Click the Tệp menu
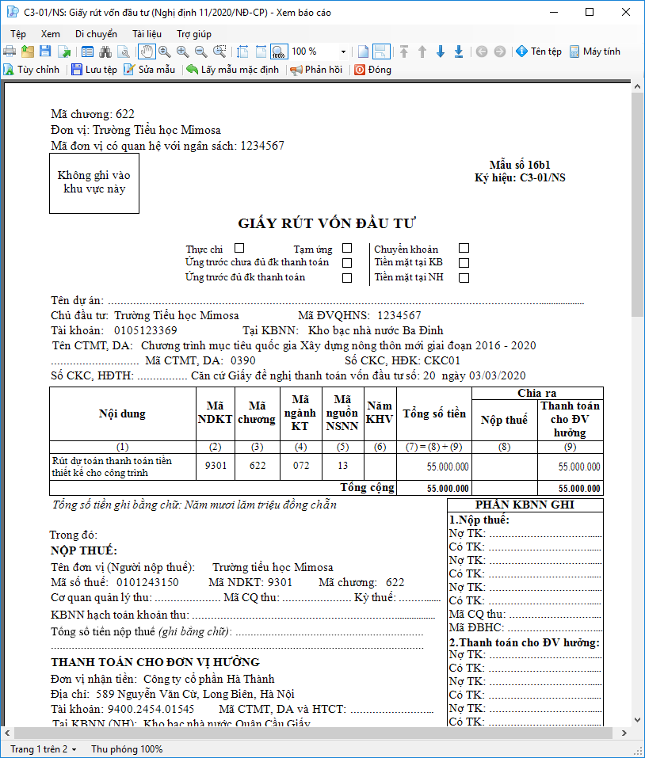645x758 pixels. click(18, 34)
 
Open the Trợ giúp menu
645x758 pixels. click(193, 34)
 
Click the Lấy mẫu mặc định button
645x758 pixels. click(232, 70)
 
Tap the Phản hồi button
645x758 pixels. click(316, 70)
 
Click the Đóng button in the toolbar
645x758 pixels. click(372, 70)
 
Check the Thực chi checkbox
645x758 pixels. click(239, 249)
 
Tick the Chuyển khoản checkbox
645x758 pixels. click(464, 249)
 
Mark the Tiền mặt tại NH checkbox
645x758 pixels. click(464, 277)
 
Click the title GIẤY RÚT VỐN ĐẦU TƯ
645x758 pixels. click(327, 223)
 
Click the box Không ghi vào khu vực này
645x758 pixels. click(94, 182)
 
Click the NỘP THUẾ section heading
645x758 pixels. click(84, 550)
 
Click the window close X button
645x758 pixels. click(625, 13)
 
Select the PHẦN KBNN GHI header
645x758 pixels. click(525, 505)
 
